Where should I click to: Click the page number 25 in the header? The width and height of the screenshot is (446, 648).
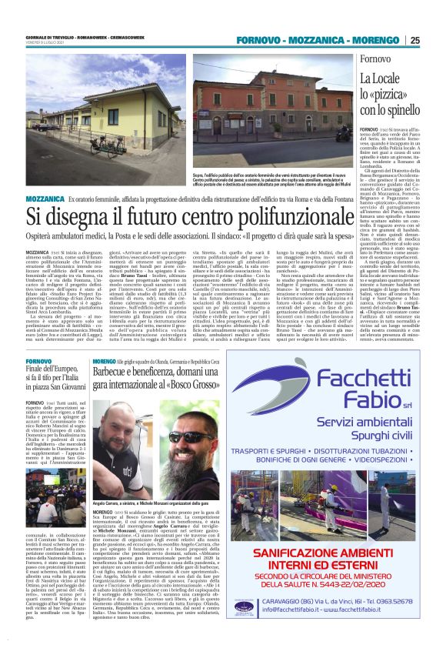pos(414,40)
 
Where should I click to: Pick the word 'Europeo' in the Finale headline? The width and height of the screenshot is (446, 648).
pos(65,369)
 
